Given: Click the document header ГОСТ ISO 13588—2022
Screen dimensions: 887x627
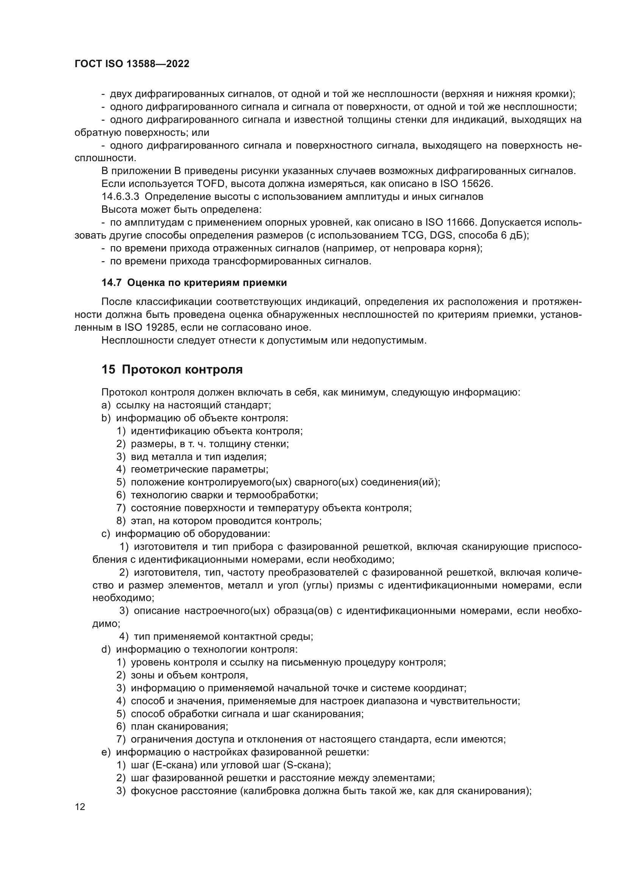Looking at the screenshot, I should [132, 64].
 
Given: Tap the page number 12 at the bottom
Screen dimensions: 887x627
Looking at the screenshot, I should [80, 807].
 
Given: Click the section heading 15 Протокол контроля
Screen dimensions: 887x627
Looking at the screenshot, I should [172, 370].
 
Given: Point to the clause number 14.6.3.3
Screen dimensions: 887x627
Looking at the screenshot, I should [120, 197].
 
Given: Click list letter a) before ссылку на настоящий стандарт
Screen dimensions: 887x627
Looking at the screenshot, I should [106, 405].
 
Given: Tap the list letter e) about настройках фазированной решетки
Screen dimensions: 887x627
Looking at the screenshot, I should [106, 752].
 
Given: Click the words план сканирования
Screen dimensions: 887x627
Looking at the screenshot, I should [179, 727].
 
